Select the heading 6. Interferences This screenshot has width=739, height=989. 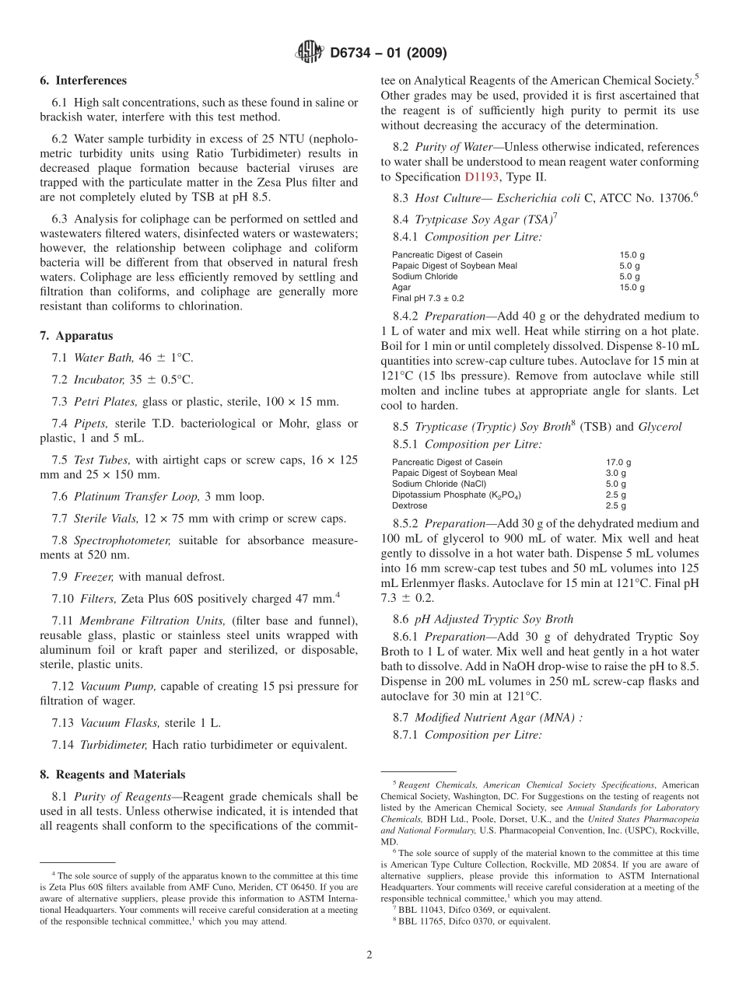(x=83, y=80)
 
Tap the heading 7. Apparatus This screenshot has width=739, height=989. (x=76, y=336)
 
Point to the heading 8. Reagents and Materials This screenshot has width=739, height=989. (x=113, y=774)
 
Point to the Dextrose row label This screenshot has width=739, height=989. (x=410, y=505)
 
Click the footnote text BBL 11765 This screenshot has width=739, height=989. (x=424, y=921)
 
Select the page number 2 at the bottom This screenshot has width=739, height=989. (x=369, y=955)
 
